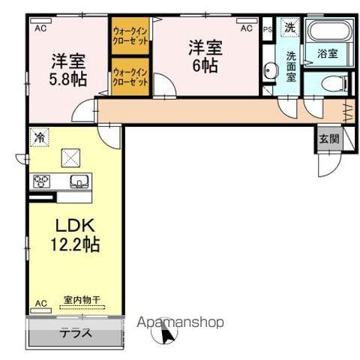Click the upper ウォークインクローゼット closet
[131, 34]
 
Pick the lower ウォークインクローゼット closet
[131, 76]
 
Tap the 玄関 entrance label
[328, 139]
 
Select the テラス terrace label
[75, 333]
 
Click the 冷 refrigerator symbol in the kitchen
[38, 138]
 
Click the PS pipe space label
[268, 28]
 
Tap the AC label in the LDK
[41, 304]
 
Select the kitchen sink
[78, 181]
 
